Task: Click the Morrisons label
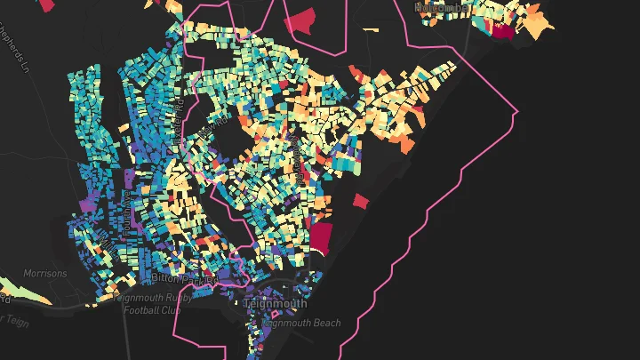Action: [x=45, y=274]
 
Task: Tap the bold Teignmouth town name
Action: [x=275, y=303]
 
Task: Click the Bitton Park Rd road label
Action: [x=184, y=278]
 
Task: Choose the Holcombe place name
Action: [x=444, y=7]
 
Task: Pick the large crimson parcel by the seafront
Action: [x=320, y=238]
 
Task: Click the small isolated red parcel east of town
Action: [x=360, y=201]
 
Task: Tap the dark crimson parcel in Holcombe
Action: [x=503, y=32]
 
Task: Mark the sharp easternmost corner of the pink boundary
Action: [x=516, y=112]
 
